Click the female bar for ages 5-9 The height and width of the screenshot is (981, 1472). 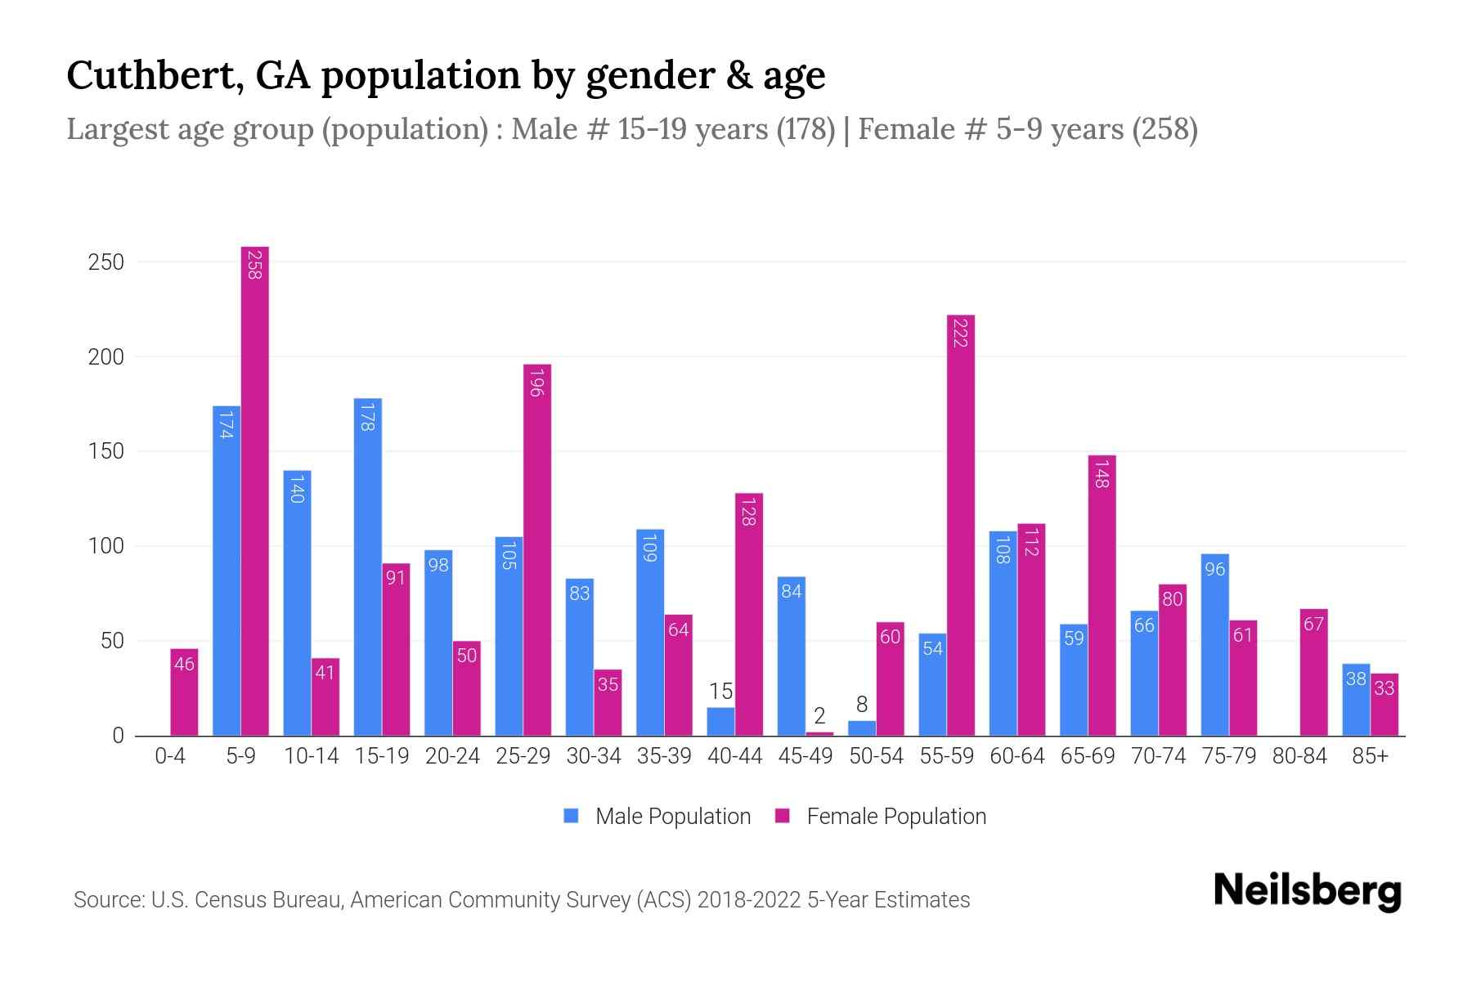[255, 490]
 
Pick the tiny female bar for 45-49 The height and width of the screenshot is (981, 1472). [819, 733]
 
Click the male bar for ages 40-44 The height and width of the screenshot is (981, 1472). [720, 722]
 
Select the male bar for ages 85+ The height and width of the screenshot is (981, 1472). [1356, 700]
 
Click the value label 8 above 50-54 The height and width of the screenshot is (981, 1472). [861, 705]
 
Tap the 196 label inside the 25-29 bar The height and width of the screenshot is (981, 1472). [536, 383]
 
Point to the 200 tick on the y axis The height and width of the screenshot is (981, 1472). [106, 357]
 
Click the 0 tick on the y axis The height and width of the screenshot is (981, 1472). [118, 736]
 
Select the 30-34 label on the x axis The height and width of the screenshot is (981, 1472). [594, 756]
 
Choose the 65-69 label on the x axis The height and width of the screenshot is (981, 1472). [1088, 756]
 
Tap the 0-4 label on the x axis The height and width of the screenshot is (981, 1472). [170, 756]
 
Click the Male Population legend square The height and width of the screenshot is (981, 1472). [571, 816]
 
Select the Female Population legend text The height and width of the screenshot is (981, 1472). [896, 816]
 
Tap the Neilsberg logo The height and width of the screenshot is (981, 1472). [1307, 891]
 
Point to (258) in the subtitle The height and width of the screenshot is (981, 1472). [1165, 129]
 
